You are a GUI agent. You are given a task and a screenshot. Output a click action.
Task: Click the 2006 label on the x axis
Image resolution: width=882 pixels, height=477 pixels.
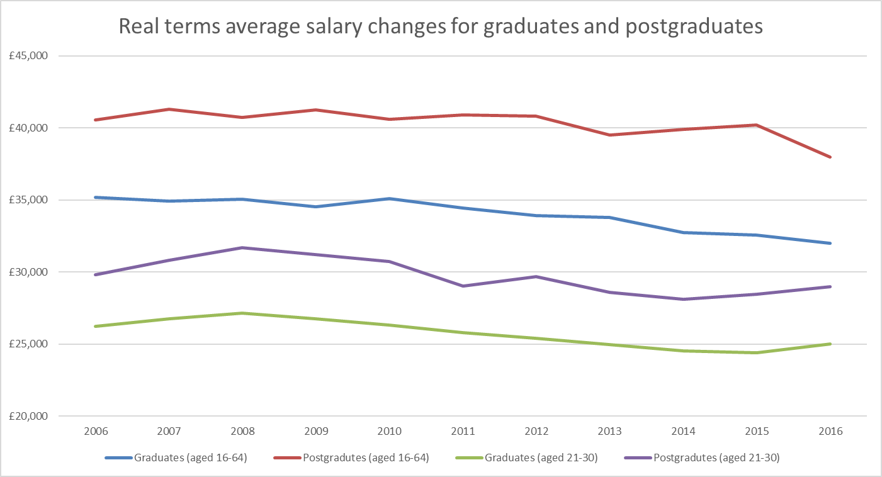click(x=96, y=432)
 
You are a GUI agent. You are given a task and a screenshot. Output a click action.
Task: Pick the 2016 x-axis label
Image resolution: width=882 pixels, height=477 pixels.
click(x=831, y=432)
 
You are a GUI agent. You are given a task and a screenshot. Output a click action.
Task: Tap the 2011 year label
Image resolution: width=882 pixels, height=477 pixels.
click(x=463, y=432)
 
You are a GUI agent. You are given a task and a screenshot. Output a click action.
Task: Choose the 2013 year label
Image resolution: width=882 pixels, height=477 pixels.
click(x=610, y=432)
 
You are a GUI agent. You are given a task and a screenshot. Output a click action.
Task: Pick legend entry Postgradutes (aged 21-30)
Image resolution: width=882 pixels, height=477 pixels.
click(x=710, y=458)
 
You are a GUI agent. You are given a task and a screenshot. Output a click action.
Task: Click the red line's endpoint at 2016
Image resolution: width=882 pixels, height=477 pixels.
click(x=831, y=157)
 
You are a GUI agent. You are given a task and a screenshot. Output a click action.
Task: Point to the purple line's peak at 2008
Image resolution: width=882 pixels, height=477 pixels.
click(x=242, y=247)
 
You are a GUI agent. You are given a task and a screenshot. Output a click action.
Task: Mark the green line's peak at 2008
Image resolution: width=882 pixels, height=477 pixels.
click(x=242, y=313)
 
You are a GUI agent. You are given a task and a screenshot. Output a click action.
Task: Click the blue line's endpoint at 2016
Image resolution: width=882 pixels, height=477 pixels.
click(x=831, y=243)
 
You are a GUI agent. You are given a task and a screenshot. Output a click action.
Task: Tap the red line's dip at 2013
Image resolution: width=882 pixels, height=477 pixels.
click(x=610, y=135)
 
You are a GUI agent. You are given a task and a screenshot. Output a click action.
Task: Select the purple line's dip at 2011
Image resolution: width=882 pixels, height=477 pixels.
click(x=463, y=286)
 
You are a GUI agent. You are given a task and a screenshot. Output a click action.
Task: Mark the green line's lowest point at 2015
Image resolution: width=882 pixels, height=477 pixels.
click(x=757, y=352)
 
